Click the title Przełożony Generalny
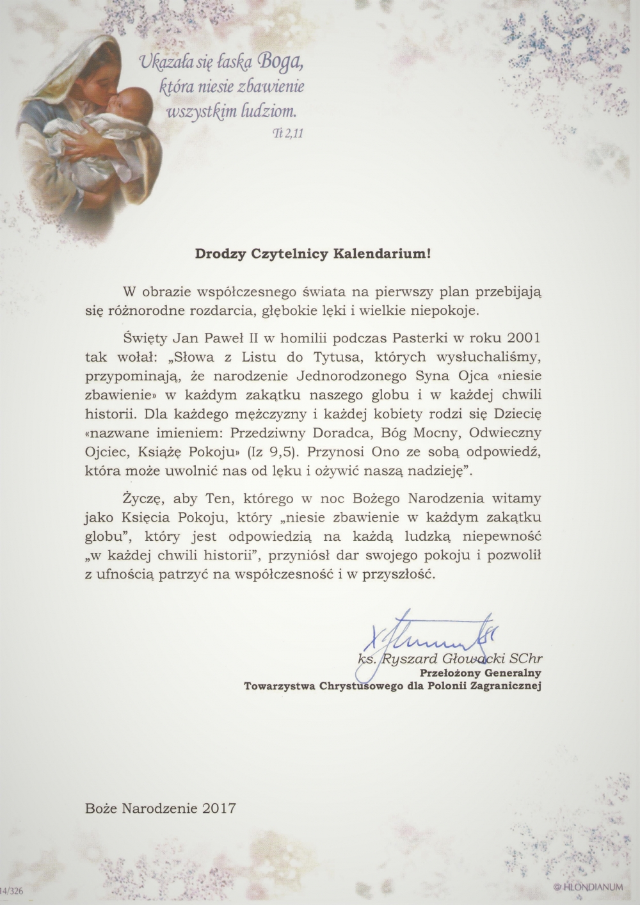point(480,673)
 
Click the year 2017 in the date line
point(219,808)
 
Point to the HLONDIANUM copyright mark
point(584,887)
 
